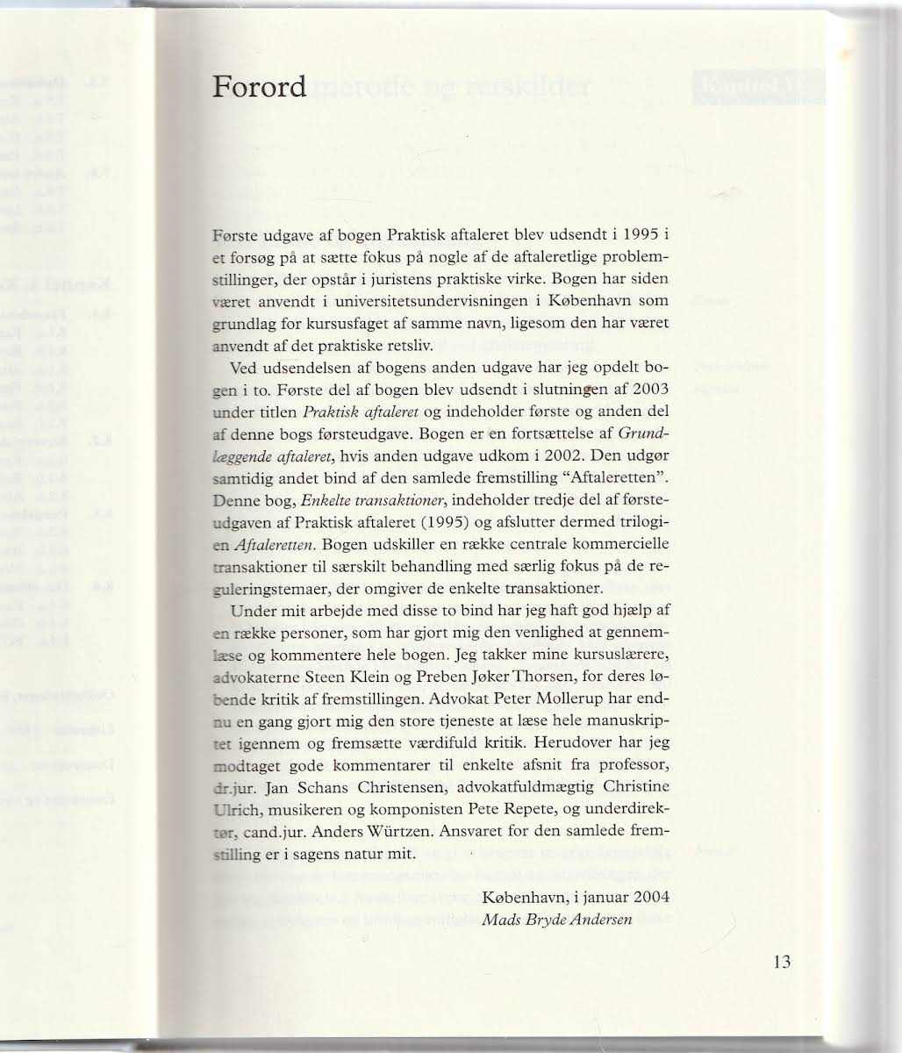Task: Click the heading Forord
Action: pos(260,86)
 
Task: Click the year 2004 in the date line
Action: pos(650,897)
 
